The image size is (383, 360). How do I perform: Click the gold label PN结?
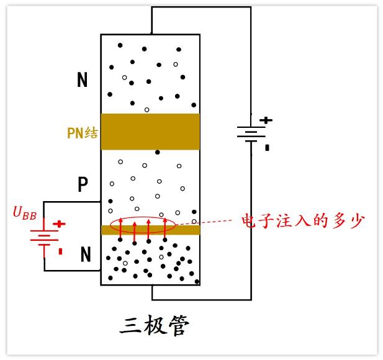83,133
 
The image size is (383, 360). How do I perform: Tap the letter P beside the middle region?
83,184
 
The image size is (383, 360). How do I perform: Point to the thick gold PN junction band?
150,131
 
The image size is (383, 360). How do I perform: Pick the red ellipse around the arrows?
143,223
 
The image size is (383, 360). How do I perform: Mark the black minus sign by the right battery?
267,148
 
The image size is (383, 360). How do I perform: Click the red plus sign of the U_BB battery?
59,224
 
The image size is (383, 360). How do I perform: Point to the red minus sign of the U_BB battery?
60,251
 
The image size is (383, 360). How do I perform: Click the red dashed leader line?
205,222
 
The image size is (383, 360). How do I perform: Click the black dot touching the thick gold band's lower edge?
158,152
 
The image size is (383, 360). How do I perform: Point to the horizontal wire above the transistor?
201,7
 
